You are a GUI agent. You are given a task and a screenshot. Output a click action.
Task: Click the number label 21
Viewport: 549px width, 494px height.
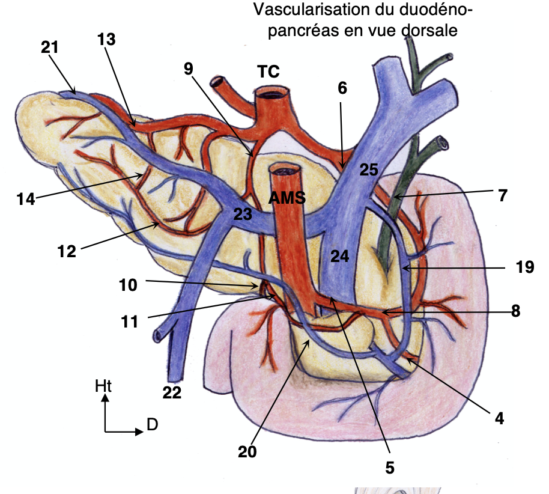(50, 46)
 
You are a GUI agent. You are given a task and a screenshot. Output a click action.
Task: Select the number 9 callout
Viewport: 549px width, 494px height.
(189, 69)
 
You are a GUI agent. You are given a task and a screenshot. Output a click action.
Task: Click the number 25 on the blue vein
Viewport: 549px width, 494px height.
(368, 170)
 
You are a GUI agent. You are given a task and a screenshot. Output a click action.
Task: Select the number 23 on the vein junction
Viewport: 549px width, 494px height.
(243, 214)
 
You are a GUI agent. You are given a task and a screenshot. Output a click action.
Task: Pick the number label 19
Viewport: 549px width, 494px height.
(524, 267)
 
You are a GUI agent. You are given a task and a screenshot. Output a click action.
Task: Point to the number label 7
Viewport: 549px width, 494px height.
(503, 195)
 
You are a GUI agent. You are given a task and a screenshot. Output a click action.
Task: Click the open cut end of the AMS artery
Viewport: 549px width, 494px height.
(286, 170)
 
